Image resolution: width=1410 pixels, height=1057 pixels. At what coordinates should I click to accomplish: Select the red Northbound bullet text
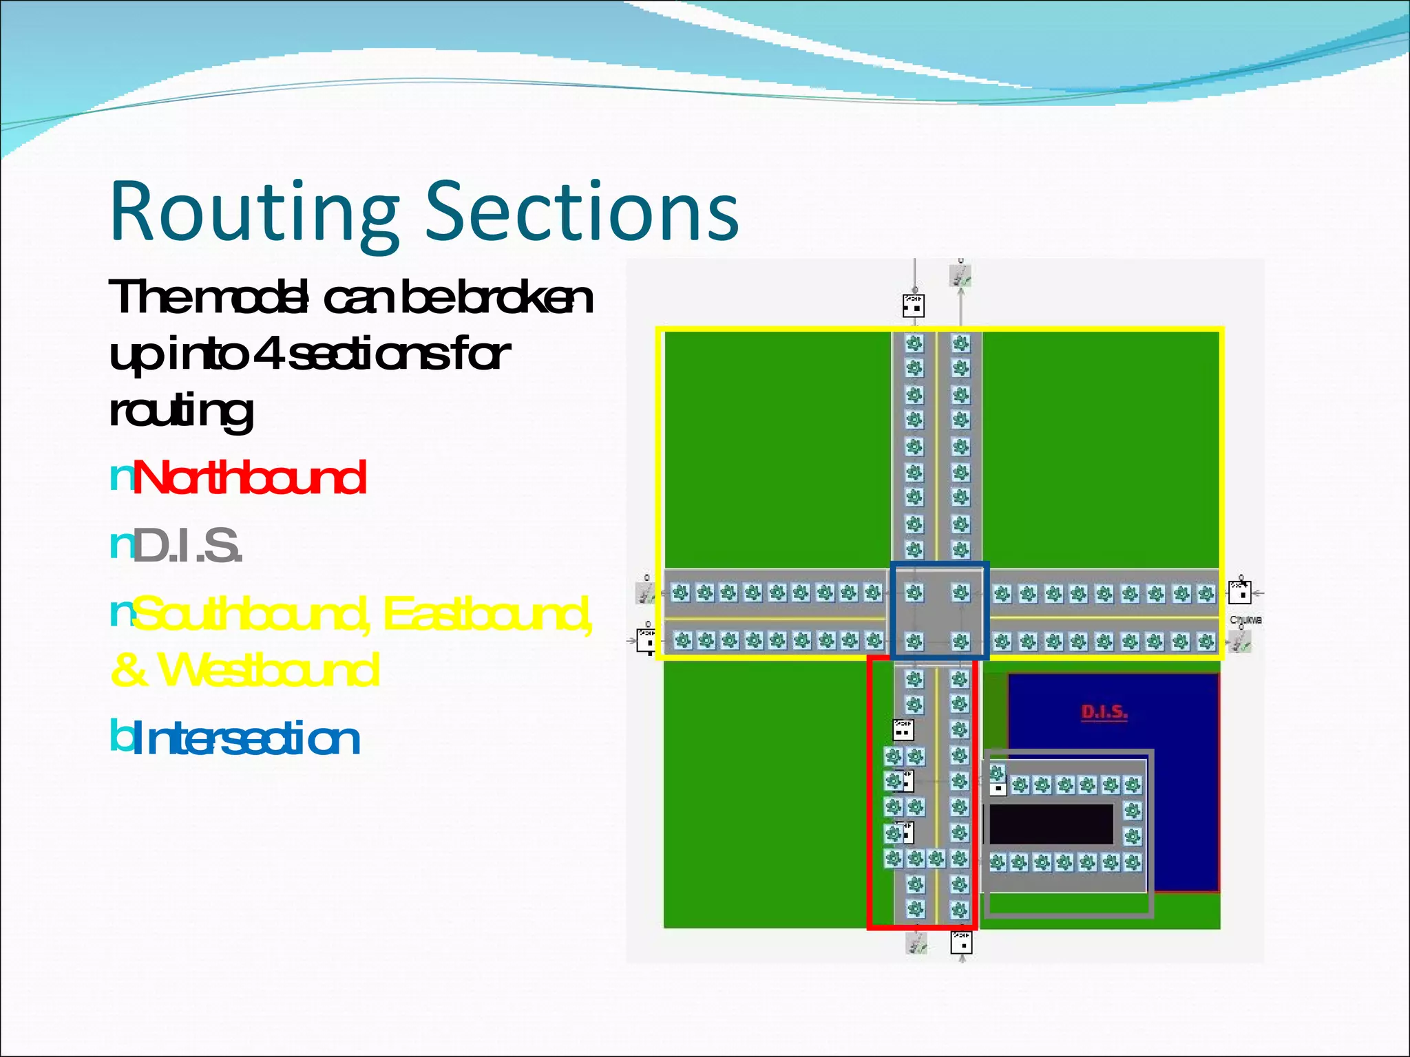(249, 478)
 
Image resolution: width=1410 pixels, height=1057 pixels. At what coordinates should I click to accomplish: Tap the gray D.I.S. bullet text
(187, 545)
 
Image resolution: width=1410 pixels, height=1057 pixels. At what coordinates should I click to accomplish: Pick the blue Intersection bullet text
(245, 739)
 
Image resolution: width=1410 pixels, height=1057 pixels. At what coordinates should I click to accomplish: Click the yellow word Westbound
(269, 670)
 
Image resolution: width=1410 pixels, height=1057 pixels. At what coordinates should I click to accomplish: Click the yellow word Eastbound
(486, 614)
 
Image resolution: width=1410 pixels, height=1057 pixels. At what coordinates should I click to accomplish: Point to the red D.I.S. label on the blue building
(1104, 712)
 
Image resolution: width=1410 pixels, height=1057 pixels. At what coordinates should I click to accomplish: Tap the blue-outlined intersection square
(938, 611)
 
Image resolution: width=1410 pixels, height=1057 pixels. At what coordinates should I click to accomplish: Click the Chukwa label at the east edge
(1245, 620)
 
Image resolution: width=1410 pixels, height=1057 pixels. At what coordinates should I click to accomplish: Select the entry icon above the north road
(914, 305)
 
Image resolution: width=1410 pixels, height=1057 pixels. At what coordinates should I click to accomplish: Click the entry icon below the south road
(961, 942)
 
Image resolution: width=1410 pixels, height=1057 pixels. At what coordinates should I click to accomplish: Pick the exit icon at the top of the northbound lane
(960, 276)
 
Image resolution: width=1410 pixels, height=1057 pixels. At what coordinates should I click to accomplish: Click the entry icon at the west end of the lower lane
(647, 641)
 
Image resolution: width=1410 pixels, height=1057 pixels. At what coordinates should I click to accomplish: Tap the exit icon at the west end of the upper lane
(646, 592)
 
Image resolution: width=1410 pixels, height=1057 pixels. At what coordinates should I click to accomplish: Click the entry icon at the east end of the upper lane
(1240, 592)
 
